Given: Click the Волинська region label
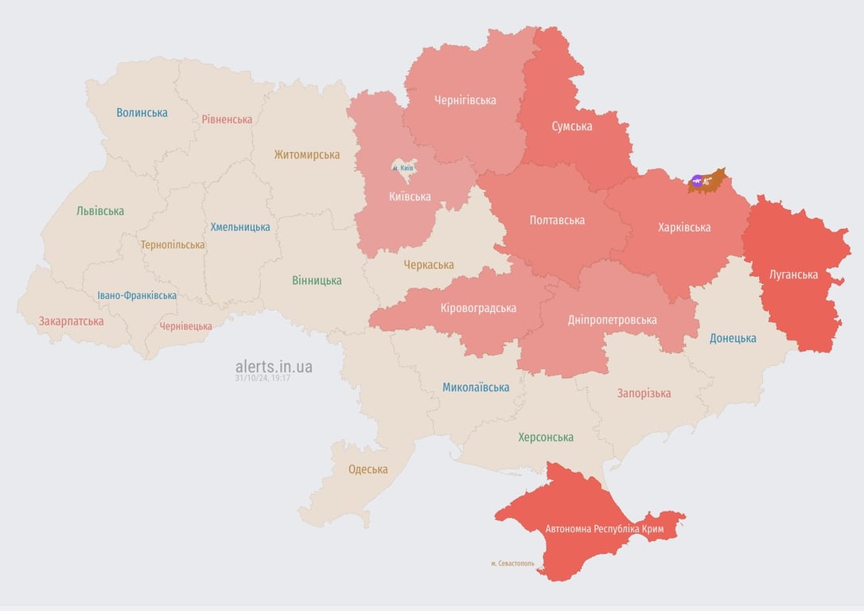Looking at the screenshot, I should coord(142,113).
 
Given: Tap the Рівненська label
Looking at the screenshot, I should coord(227,119).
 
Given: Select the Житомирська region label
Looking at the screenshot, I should coord(307,155).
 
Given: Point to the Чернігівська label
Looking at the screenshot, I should coord(465,100).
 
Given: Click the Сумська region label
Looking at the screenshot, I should coord(572,126).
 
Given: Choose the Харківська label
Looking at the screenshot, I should coord(684,228).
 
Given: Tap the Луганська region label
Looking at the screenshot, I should coord(793,275).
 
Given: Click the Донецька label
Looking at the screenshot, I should coord(733,338).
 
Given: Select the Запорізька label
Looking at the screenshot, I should coord(644,393).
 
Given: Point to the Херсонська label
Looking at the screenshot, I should coord(546,438).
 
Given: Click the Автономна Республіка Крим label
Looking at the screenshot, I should coord(604,529).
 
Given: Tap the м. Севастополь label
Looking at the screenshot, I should coord(512,563).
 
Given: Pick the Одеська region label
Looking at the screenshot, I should coord(368,469).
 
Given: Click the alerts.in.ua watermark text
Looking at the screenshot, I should coord(274,367).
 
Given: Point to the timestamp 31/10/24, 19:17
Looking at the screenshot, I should coord(263,379).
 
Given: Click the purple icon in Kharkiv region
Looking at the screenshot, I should coord(697,181).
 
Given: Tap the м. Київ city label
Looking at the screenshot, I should coord(403,168).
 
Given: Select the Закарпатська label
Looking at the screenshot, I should coord(72,321).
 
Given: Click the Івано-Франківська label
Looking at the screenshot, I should coord(137,295).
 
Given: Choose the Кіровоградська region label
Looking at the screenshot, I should coord(478,308).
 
